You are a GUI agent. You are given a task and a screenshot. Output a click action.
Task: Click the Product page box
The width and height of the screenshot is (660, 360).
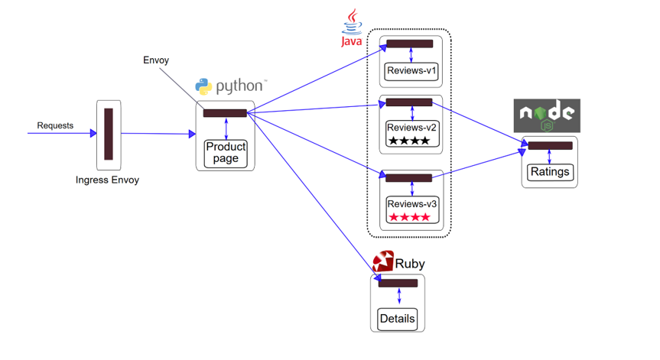coord(226,153)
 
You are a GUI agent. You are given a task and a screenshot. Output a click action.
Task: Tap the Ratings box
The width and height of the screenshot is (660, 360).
coord(549,172)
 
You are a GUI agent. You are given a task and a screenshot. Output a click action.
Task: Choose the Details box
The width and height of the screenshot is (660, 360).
coord(397,318)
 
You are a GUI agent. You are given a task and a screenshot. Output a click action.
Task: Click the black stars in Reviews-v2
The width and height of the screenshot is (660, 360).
coord(409,141)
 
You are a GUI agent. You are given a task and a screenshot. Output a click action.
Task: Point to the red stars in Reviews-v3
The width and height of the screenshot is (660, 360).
coord(409,217)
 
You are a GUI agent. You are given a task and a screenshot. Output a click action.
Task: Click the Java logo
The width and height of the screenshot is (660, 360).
coord(352,28)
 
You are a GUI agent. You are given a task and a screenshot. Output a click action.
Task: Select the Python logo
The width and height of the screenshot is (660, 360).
coord(203,86)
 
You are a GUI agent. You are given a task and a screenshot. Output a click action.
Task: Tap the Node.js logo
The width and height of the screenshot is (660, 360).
coord(546,115)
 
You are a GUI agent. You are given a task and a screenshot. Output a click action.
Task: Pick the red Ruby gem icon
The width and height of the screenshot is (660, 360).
coord(382,261)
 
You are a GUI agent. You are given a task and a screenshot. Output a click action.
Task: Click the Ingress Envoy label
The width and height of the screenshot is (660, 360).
coord(108,180)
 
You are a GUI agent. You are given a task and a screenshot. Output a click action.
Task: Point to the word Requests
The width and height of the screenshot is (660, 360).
coord(55,125)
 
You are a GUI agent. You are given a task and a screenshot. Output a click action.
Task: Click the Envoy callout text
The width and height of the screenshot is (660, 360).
coord(156,60)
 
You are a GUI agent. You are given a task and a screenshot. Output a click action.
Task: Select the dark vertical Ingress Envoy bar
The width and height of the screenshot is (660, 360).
coord(109,134)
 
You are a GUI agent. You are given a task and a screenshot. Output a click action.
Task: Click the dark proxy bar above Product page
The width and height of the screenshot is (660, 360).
coord(225,113)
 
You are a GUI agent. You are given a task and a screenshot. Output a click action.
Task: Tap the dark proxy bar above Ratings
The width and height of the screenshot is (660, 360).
coord(550,145)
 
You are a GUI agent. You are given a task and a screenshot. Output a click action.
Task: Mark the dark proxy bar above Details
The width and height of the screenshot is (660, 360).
coord(398,284)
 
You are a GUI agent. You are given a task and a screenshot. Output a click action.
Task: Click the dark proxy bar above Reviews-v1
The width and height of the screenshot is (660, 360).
coord(409,44)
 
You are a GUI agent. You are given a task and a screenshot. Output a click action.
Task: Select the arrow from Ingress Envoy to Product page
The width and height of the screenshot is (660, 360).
coord(157,134)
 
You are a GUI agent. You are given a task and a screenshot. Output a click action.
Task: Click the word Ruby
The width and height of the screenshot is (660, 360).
coord(409,264)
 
